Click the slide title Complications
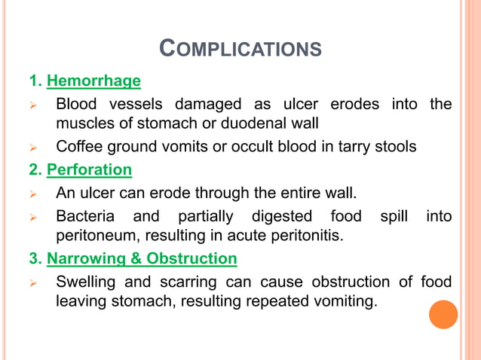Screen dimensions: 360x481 (x=240, y=50)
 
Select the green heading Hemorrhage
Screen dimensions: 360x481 (x=93, y=81)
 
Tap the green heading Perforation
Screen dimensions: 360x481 (x=89, y=170)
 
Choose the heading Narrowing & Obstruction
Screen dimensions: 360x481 (x=142, y=259)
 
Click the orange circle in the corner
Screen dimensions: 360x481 (x=443, y=314)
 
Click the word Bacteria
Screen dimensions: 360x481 (x=85, y=217)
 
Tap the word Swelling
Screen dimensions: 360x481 (x=87, y=282)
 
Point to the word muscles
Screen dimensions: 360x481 (x=86, y=123)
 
